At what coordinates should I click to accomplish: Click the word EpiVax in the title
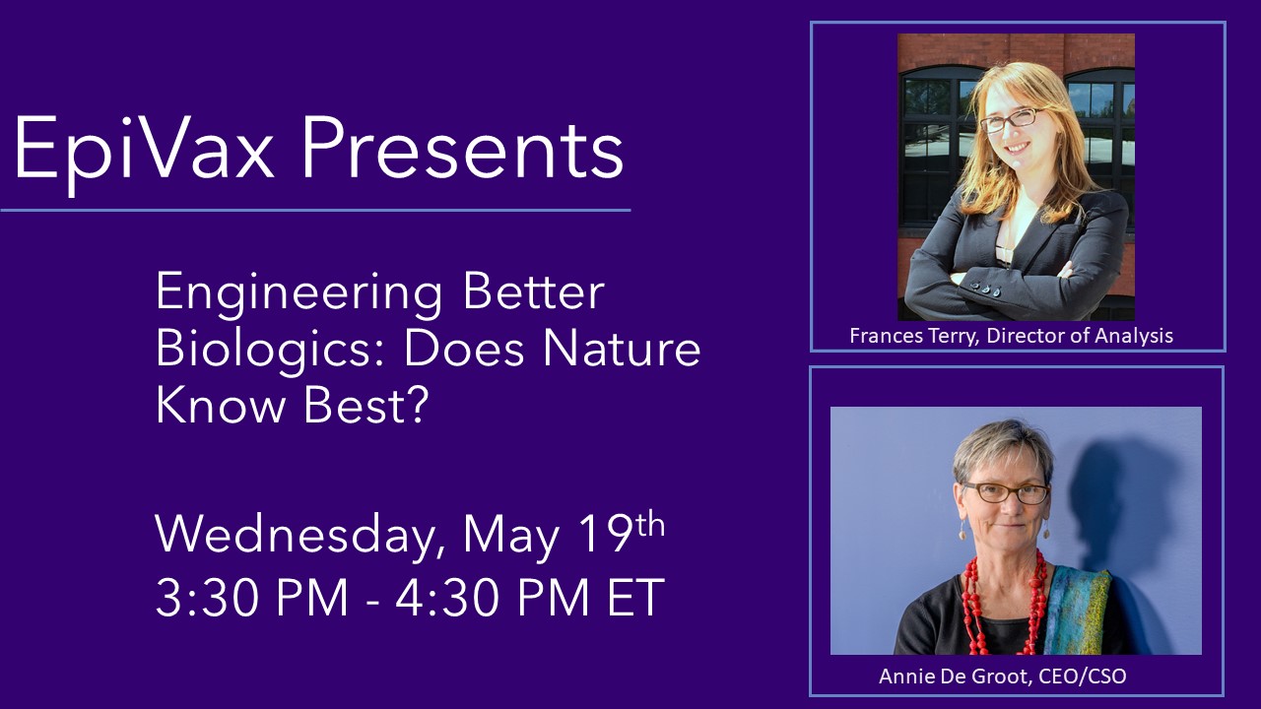pos(144,149)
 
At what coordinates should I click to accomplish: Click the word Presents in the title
pos(463,149)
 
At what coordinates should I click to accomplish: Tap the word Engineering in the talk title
pos(299,292)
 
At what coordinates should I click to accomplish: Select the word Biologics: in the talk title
pos(270,349)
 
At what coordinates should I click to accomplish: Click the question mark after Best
pos(417,406)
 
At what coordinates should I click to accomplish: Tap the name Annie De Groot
pos(955,676)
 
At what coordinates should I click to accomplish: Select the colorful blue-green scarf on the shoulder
pos(1078,611)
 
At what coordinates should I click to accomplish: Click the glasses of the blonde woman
pos(1010,119)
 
